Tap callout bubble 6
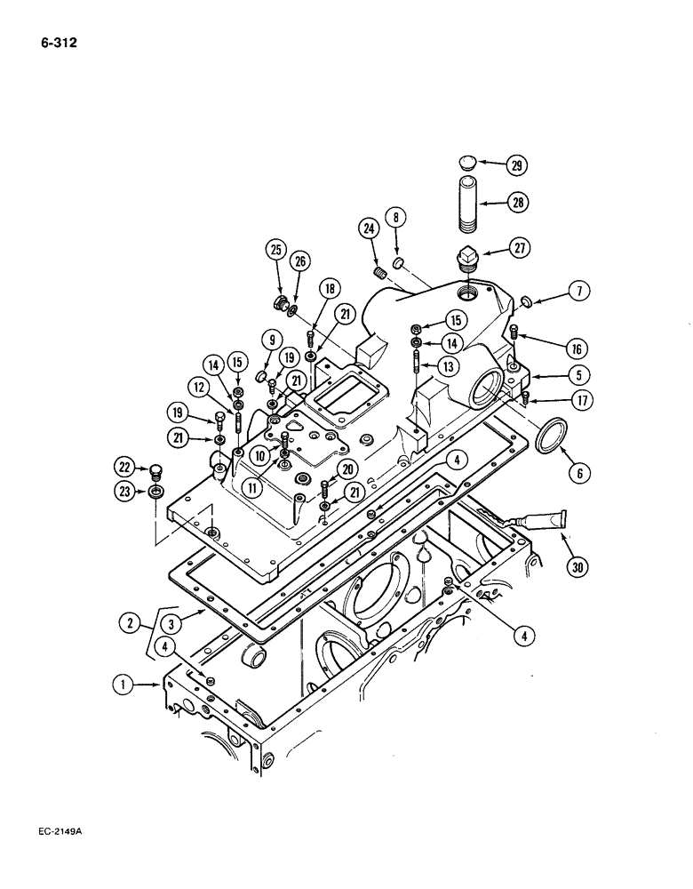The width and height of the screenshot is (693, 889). click(577, 474)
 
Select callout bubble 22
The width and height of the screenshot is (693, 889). click(123, 465)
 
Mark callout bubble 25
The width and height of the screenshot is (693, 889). click(277, 252)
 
